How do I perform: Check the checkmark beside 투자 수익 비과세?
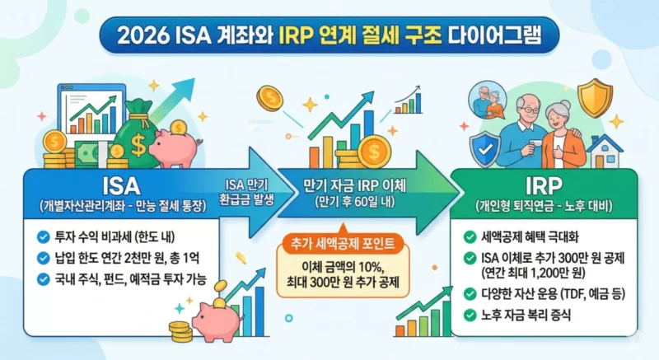pos(43,237)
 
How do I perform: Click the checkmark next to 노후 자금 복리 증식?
pos(470,314)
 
